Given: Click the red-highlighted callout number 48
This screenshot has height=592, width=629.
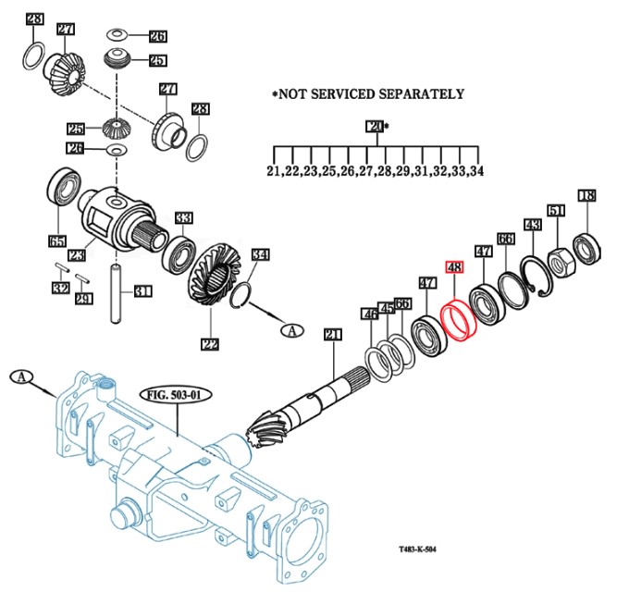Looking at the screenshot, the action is (x=454, y=267).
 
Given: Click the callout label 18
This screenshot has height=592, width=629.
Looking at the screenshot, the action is (x=586, y=196).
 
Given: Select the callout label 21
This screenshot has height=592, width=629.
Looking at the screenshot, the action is (x=333, y=335).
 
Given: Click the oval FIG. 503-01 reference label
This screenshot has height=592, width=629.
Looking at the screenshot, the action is (x=176, y=395).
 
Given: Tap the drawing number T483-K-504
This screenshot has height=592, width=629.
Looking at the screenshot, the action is (x=417, y=549).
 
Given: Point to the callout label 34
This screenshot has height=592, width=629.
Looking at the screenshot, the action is (x=260, y=254).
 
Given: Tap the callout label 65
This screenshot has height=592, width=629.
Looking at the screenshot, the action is (x=57, y=241).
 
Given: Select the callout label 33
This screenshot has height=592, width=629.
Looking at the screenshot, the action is (x=184, y=218).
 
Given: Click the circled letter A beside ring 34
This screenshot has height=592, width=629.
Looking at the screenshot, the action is (x=292, y=330).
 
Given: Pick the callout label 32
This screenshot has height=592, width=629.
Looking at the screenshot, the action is (x=61, y=288).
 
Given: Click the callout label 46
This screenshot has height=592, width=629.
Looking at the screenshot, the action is (x=370, y=314).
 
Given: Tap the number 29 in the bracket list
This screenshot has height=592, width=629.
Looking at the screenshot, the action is (x=402, y=171).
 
